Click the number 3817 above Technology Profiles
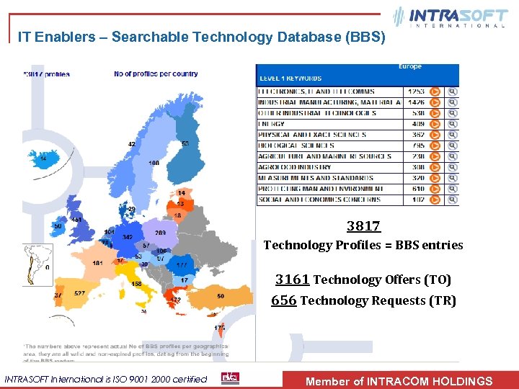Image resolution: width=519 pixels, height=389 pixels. (363, 226)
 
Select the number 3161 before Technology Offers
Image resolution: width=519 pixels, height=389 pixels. (293, 280)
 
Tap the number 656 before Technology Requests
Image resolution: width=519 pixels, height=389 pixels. (283, 300)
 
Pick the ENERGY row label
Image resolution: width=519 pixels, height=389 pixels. (272, 124)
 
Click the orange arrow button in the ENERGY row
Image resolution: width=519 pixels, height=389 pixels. (435, 124)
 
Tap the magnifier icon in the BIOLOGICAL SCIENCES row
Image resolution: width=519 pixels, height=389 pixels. (452, 146)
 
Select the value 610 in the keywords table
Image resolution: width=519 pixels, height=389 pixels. (416, 189)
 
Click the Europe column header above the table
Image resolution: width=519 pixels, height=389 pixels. (409, 67)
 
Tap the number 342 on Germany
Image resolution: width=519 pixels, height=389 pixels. (128, 237)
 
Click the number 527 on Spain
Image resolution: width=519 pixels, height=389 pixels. (79, 293)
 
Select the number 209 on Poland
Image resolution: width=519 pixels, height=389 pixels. (160, 233)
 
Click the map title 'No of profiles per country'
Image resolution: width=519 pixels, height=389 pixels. (156, 73)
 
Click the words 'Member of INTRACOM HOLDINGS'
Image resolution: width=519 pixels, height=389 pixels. (399, 381)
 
